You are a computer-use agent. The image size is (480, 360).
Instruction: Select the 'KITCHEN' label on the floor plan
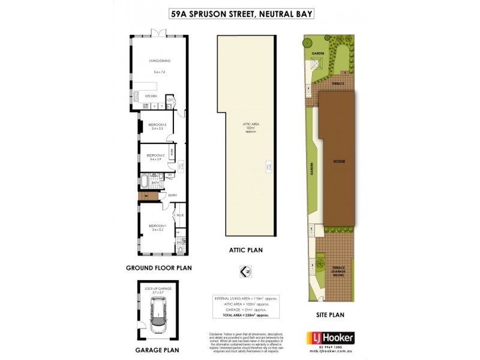coord(151,95)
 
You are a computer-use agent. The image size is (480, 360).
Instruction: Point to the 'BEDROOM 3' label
coord(157,125)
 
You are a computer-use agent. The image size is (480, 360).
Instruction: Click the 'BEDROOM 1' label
coord(157,226)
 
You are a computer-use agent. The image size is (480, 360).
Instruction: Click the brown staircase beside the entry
coord(147,196)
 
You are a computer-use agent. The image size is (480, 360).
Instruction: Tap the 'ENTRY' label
coord(172,196)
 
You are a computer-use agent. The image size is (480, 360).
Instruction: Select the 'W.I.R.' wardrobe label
coord(179,215)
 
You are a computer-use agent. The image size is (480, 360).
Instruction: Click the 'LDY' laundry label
coord(170,100)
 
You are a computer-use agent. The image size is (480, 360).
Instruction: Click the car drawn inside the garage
coord(158,316)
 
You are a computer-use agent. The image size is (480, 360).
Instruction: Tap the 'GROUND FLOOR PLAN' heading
coord(159,268)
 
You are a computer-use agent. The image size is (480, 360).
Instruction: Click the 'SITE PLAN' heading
coord(330,314)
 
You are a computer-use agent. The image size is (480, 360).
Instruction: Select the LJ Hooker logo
coord(329,337)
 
